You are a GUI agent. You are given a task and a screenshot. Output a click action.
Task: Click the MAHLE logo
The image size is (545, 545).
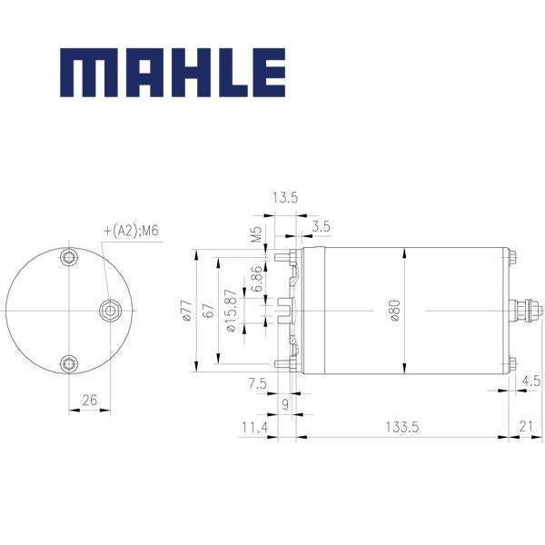(173, 73)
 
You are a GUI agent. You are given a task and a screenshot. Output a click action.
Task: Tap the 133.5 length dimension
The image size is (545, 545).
(401, 427)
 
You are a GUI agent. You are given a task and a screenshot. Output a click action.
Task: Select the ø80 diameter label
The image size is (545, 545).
(395, 311)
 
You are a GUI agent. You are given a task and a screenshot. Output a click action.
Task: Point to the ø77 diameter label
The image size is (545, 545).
(187, 311)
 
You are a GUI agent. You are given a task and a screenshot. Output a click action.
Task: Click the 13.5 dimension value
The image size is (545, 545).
(285, 198)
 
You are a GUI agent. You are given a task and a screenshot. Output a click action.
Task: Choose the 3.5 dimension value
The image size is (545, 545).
(321, 226)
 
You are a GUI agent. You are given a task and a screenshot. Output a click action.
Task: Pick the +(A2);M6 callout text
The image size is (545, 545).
(132, 231)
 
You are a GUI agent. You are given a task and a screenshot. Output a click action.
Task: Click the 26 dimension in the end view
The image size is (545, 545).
(89, 401)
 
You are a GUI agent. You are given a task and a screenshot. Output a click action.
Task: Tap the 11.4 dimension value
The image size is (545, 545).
(254, 427)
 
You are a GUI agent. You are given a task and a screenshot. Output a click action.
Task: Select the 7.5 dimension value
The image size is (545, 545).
(258, 383)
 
